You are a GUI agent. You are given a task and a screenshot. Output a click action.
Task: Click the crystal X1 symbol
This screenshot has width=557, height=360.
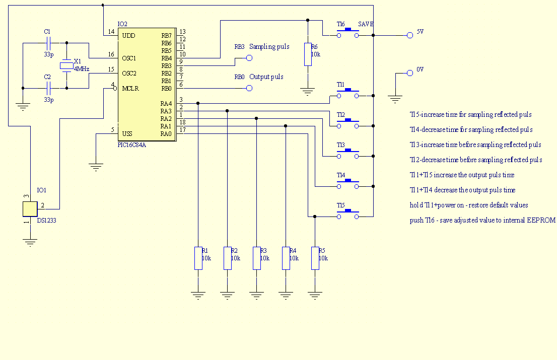(x=66, y=65)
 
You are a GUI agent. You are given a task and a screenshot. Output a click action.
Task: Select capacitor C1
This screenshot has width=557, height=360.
(x=49, y=43)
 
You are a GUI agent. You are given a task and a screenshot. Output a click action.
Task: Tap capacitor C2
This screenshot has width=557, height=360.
(x=49, y=88)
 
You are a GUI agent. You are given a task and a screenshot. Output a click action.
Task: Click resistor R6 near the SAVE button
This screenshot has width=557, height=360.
(x=308, y=54)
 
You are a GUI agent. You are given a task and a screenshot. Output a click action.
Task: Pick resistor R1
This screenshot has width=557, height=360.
(x=198, y=258)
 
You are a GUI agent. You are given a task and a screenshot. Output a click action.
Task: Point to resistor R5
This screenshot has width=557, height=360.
(x=315, y=258)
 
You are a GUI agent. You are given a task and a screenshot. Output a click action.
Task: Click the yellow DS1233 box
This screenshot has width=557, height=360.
(x=30, y=209)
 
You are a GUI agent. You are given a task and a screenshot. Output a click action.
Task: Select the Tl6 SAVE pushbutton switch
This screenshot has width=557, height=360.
(x=348, y=33)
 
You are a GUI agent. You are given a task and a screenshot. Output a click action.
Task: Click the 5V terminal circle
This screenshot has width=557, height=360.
(x=410, y=35)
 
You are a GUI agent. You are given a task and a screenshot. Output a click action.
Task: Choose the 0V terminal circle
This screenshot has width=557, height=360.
(x=410, y=73)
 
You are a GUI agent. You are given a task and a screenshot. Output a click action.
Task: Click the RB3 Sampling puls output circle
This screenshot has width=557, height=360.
(x=249, y=58)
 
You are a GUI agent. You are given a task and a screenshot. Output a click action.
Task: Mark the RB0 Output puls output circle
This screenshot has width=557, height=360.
(x=249, y=88)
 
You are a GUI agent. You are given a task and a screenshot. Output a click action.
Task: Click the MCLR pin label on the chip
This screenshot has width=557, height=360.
(x=130, y=89)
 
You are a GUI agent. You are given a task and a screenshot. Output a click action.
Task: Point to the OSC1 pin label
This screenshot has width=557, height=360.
(x=129, y=58)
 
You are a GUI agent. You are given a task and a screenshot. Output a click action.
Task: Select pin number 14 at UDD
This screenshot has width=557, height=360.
(x=111, y=32)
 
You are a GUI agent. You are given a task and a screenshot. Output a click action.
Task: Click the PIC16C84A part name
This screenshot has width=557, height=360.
(x=132, y=145)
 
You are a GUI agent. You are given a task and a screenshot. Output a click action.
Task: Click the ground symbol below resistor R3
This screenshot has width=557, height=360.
(x=256, y=296)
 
